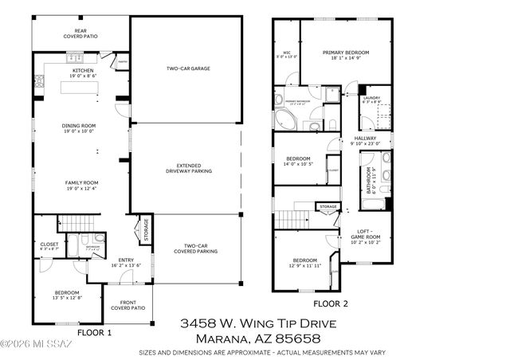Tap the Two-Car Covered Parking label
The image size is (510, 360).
[x=195, y=248]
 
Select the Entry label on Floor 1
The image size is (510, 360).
[x=127, y=260]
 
